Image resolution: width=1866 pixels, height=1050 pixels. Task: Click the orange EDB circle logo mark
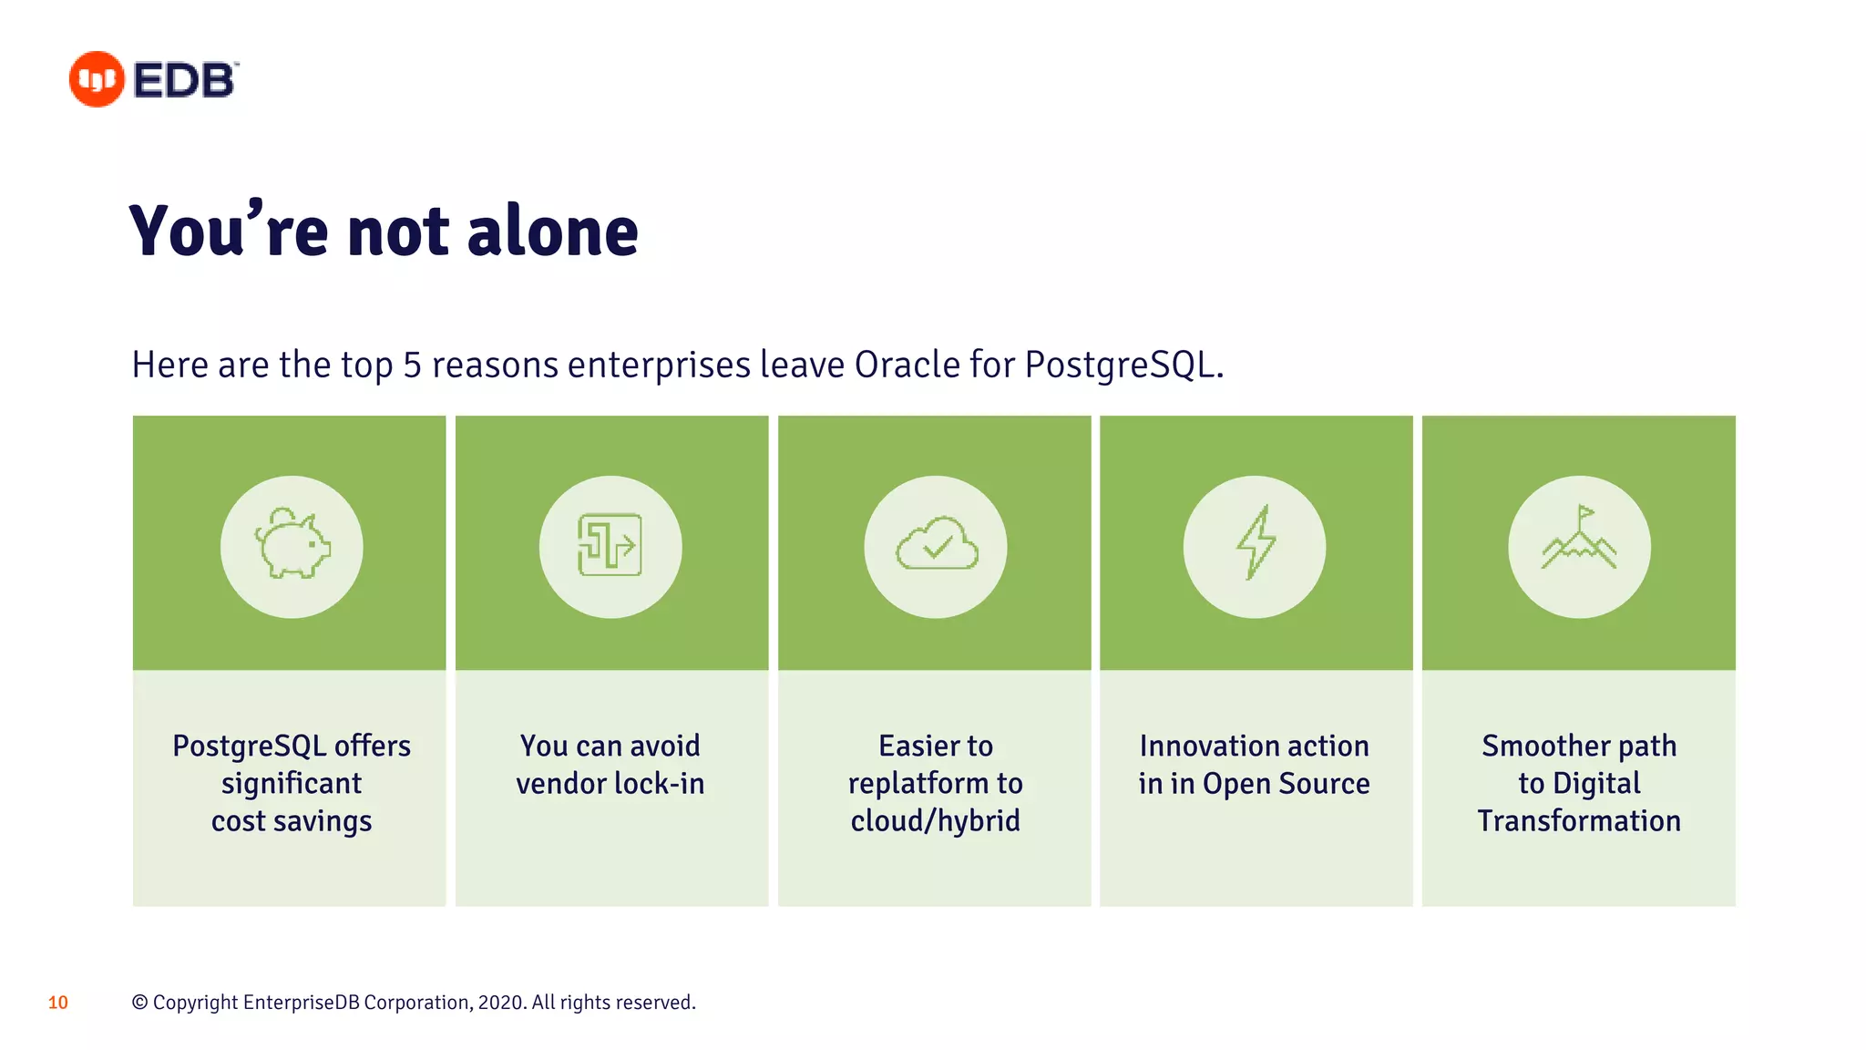(97, 79)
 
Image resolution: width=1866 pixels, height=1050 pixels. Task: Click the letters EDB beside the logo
(185, 80)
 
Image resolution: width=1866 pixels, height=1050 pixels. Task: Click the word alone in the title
(552, 232)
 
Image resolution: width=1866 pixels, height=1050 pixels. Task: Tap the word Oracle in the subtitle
(907, 365)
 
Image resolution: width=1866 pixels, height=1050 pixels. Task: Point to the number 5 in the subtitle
(412, 365)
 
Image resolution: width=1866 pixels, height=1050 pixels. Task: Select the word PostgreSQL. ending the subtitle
(1123, 365)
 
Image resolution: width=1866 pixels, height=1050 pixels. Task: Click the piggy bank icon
(292, 545)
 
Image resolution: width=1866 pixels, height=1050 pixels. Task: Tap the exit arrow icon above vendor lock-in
(610, 545)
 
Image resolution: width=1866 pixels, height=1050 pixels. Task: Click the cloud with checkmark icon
(936, 545)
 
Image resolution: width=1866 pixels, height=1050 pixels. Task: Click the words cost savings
(292, 821)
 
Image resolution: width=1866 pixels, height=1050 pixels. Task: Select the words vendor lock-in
(610, 784)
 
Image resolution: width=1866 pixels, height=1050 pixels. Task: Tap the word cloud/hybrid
(936, 821)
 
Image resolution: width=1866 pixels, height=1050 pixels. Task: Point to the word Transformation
(1579, 821)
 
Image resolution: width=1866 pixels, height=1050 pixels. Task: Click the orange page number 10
(58, 1003)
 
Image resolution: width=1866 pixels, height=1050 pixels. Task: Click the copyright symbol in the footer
(139, 1003)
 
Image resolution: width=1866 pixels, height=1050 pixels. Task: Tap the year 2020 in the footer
(500, 1003)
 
